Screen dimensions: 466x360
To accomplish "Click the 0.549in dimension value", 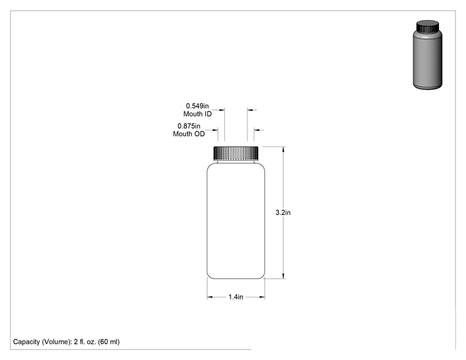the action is point(197,106).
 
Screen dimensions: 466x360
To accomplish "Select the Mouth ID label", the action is point(197,114).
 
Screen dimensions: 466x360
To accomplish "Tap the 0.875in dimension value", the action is point(189,126).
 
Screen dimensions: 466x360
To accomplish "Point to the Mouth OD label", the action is point(189,134).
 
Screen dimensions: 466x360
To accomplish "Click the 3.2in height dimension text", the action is point(283,212).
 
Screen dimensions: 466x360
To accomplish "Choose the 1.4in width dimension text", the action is point(236,297).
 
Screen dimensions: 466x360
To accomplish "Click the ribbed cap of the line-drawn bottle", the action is point(236,153).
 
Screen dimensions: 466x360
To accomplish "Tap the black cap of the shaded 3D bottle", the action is point(428,26).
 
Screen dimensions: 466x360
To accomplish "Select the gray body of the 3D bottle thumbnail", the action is point(428,59).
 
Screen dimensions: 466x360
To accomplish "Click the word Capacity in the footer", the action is point(26,342).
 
